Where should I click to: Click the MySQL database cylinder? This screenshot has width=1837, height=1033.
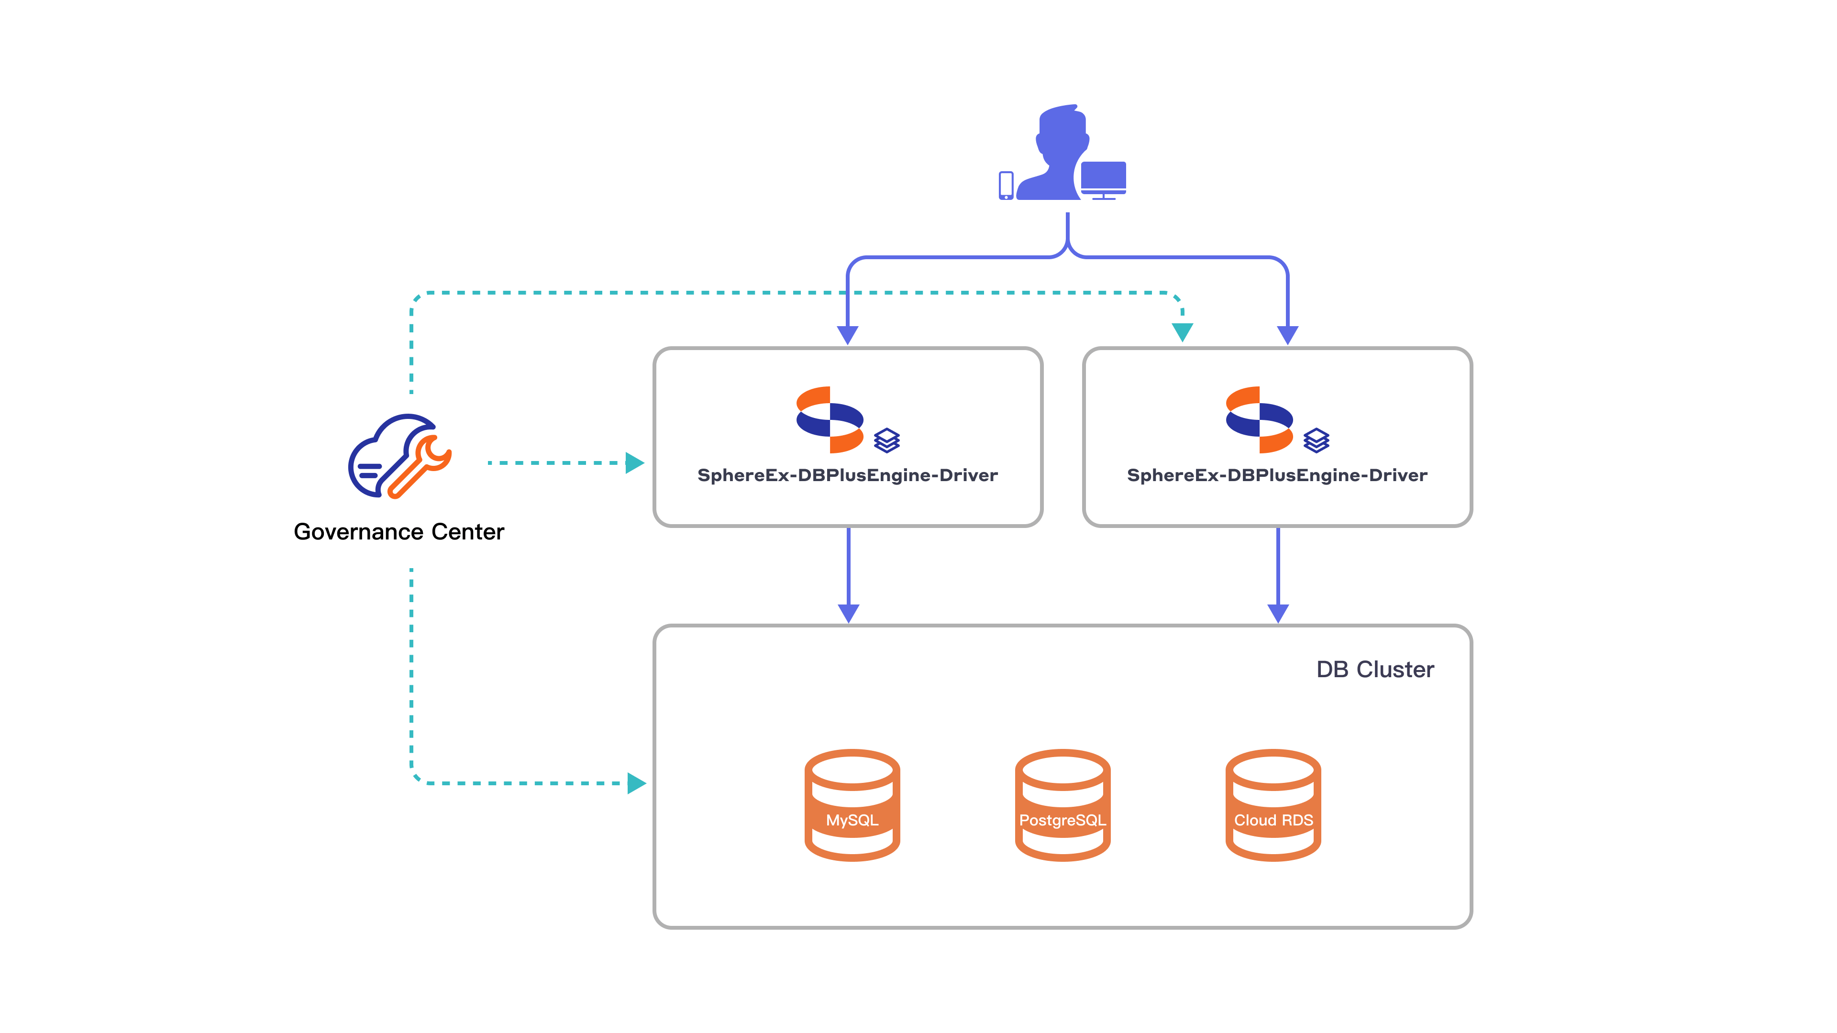tap(852, 805)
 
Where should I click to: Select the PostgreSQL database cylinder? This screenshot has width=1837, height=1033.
tap(1062, 805)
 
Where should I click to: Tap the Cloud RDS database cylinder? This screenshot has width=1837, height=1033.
tap(1273, 805)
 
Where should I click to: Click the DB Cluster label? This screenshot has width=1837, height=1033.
tap(1374, 670)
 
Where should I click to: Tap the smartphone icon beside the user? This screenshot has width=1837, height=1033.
tap(1006, 186)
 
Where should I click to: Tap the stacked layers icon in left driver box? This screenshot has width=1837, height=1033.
tap(886, 440)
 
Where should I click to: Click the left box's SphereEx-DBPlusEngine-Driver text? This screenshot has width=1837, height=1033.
tap(847, 475)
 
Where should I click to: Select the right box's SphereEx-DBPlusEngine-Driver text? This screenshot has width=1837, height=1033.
tap(1276, 475)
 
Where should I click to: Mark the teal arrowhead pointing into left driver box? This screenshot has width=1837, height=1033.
tap(634, 462)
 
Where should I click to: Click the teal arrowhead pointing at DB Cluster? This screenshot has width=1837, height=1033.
tap(635, 783)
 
